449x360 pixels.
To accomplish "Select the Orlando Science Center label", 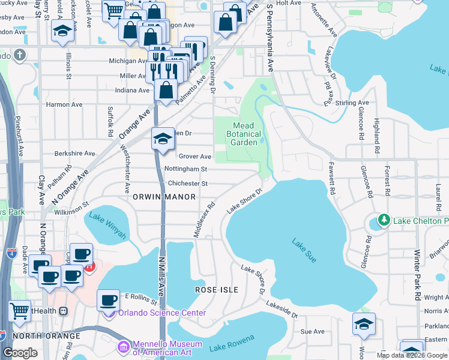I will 162,313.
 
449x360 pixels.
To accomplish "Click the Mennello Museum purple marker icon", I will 123,346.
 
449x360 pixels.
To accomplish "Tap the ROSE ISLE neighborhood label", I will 217,290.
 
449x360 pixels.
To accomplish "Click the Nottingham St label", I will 187,170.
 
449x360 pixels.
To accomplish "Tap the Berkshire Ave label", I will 74,154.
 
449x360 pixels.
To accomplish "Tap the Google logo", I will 20,353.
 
